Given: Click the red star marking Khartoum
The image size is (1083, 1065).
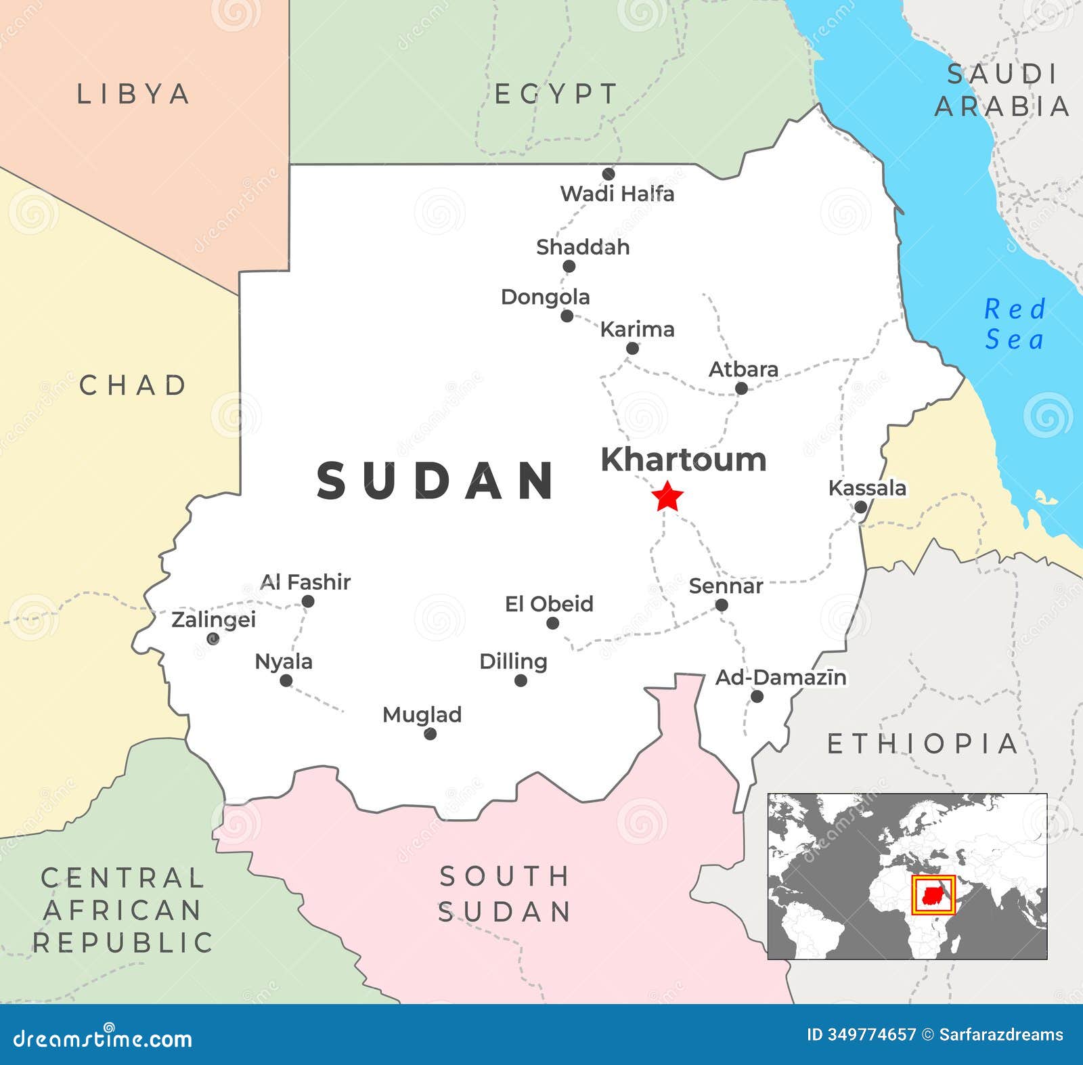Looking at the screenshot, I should point(667,497).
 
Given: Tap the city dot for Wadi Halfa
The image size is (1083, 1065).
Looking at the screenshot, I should point(609,174).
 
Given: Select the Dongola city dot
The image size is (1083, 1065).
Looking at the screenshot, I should point(567,316).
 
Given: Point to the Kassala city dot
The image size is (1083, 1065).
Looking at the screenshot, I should point(860,507).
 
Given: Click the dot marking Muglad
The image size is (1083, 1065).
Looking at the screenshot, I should point(430,734).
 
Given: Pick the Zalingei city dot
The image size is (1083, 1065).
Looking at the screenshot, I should point(213,638).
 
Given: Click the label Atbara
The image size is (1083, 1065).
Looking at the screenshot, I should point(743,370).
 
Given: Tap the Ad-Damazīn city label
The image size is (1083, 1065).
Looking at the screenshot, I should point(780,677).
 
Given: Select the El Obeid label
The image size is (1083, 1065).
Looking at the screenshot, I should point(549,604).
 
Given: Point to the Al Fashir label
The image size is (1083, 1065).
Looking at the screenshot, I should point(305,582).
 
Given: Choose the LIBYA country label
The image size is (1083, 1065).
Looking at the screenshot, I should point(133,94).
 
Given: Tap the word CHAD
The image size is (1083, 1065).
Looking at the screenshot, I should point(133,385).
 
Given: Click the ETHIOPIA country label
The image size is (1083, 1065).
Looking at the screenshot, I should point(923,744).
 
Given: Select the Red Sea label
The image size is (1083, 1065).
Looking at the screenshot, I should point(1015,324).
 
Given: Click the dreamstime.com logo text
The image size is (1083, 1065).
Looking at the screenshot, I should point(103,1037).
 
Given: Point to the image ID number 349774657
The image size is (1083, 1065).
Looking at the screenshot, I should point(870,1035).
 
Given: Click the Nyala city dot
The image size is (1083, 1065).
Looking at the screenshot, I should point(286,680).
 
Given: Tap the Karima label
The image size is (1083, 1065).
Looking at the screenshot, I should point(637,330).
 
